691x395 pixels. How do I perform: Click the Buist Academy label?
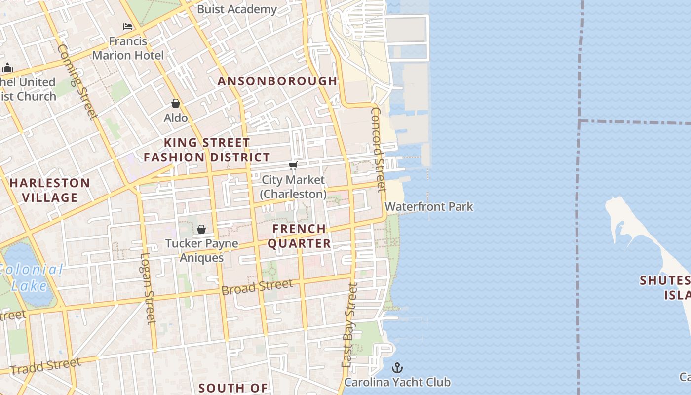[x=237, y=9]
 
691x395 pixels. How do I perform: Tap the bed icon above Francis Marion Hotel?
[x=128, y=26]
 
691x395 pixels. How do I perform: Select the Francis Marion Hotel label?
[x=128, y=48]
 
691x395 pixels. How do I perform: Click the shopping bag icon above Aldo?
[x=176, y=103]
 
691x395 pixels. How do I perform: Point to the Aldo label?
[x=176, y=118]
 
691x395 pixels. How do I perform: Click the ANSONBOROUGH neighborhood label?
[x=277, y=81]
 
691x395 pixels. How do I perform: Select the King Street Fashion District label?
[x=207, y=150]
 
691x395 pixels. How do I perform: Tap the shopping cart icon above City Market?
[x=293, y=165]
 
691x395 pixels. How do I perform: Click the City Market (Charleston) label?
[x=293, y=187]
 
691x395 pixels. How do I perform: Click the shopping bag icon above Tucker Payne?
[x=201, y=229]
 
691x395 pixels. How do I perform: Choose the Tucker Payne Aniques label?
[x=201, y=250]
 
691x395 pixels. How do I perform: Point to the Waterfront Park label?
[x=429, y=206]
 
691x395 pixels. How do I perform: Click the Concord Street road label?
[x=378, y=149]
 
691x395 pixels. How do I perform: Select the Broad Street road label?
[x=257, y=287]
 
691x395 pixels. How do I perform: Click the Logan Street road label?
[x=148, y=288]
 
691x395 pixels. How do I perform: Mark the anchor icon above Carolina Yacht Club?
[x=397, y=368]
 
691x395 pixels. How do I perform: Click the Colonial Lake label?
[x=31, y=277]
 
